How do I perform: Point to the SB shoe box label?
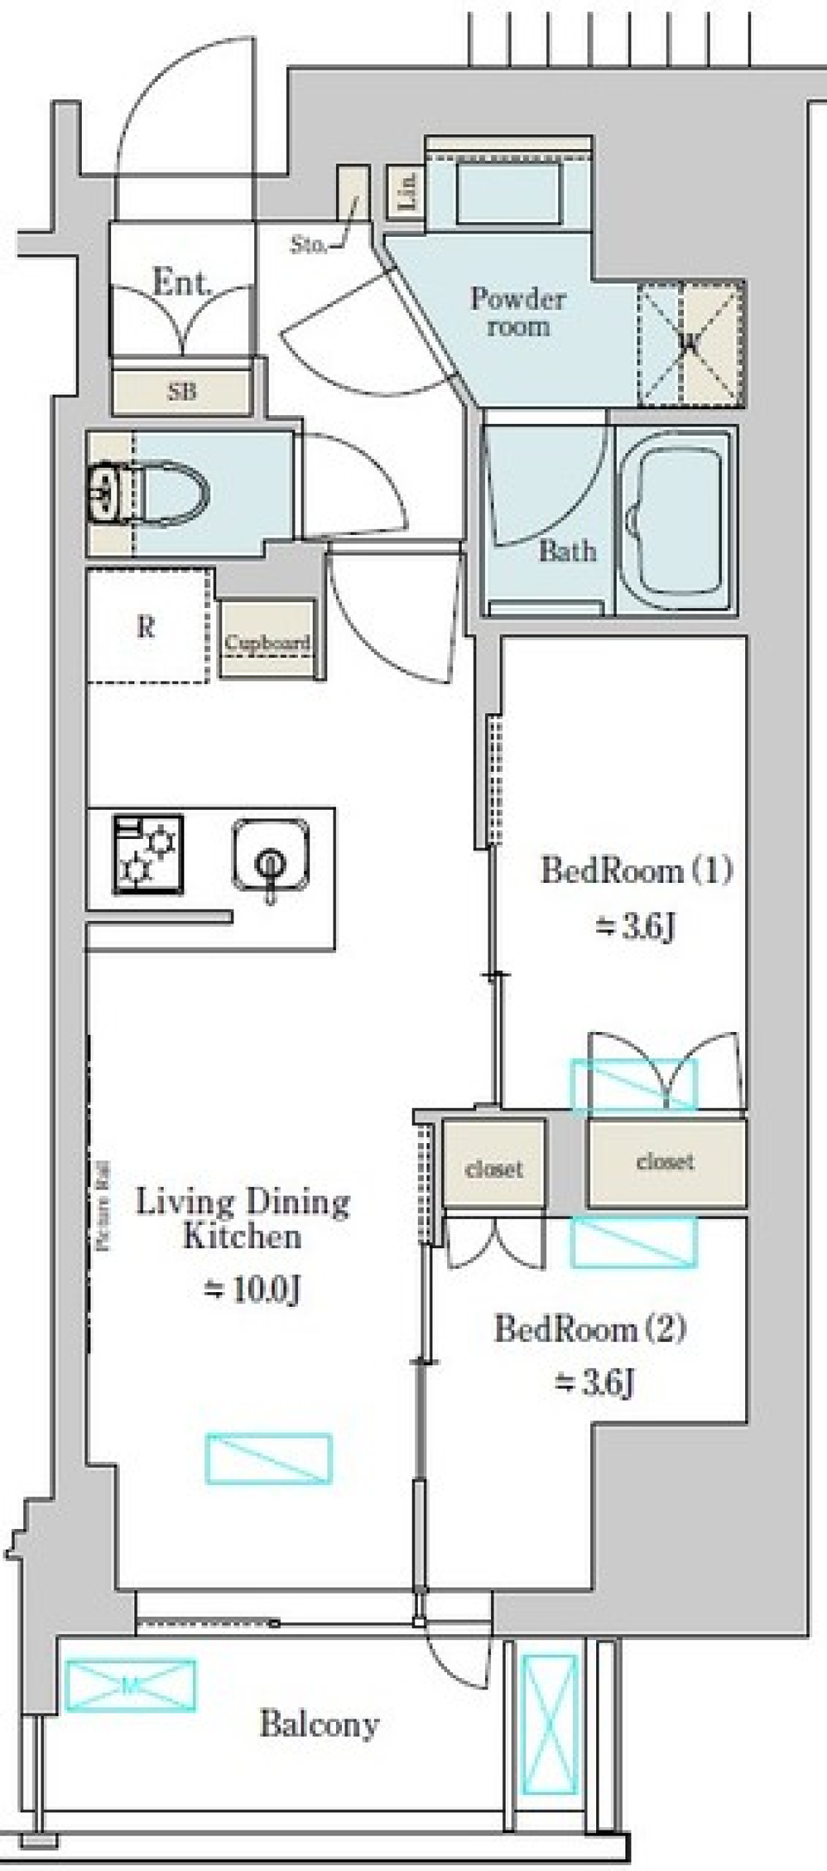[x=182, y=391]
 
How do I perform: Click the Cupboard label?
[x=267, y=643]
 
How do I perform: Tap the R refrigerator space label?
[x=146, y=627]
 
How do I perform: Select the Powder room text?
[x=518, y=312]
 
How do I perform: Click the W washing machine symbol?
[x=689, y=344]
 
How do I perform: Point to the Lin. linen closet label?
[x=407, y=189]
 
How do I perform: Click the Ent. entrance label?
[x=181, y=283]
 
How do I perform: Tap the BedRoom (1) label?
[x=636, y=870]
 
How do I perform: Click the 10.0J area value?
[x=252, y=1290]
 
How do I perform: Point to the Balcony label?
[x=320, y=1724]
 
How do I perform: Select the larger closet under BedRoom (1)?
[x=665, y=1162]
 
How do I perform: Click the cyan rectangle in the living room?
[x=269, y=1458]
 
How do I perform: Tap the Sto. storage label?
[x=308, y=245]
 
